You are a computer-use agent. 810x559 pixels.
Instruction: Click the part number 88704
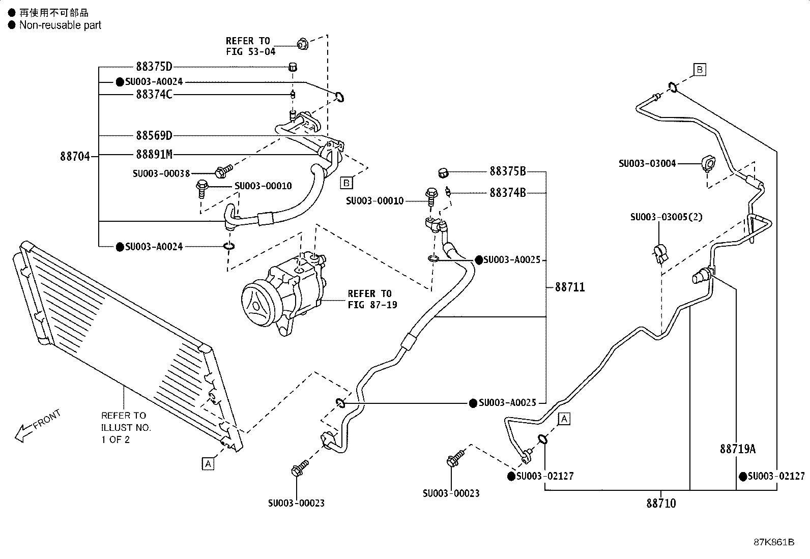(x=75, y=156)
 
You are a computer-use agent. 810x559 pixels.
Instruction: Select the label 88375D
(x=154, y=67)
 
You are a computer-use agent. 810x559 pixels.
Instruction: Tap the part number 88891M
(x=154, y=155)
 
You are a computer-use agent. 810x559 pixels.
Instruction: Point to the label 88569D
(x=154, y=135)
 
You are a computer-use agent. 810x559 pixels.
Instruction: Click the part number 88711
(x=570, y=287)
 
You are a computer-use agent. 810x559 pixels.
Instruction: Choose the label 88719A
(x=738, y=449)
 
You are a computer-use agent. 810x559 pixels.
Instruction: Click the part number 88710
(x=661, y=503)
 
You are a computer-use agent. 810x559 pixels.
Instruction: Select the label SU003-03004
(x=647, y=163)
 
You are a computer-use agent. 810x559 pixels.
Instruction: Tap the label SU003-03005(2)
(x=666, y=217)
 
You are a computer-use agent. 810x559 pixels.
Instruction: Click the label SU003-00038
(x=161, y=173)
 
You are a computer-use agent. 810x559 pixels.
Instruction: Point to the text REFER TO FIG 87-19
(x=372, y=299)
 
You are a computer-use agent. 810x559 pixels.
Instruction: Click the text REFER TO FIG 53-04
(x=250, y=46)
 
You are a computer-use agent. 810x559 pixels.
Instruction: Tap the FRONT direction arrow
(x=37, y=426)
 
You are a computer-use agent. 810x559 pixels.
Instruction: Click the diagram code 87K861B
(x=774, y=542)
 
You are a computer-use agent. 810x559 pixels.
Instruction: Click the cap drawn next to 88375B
(x=443, y=173)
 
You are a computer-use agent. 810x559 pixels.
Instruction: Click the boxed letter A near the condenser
(x=208, y=463)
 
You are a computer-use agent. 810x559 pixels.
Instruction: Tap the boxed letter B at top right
(x=700, y=69)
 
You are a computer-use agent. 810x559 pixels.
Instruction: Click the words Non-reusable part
(x=60, y=25)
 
